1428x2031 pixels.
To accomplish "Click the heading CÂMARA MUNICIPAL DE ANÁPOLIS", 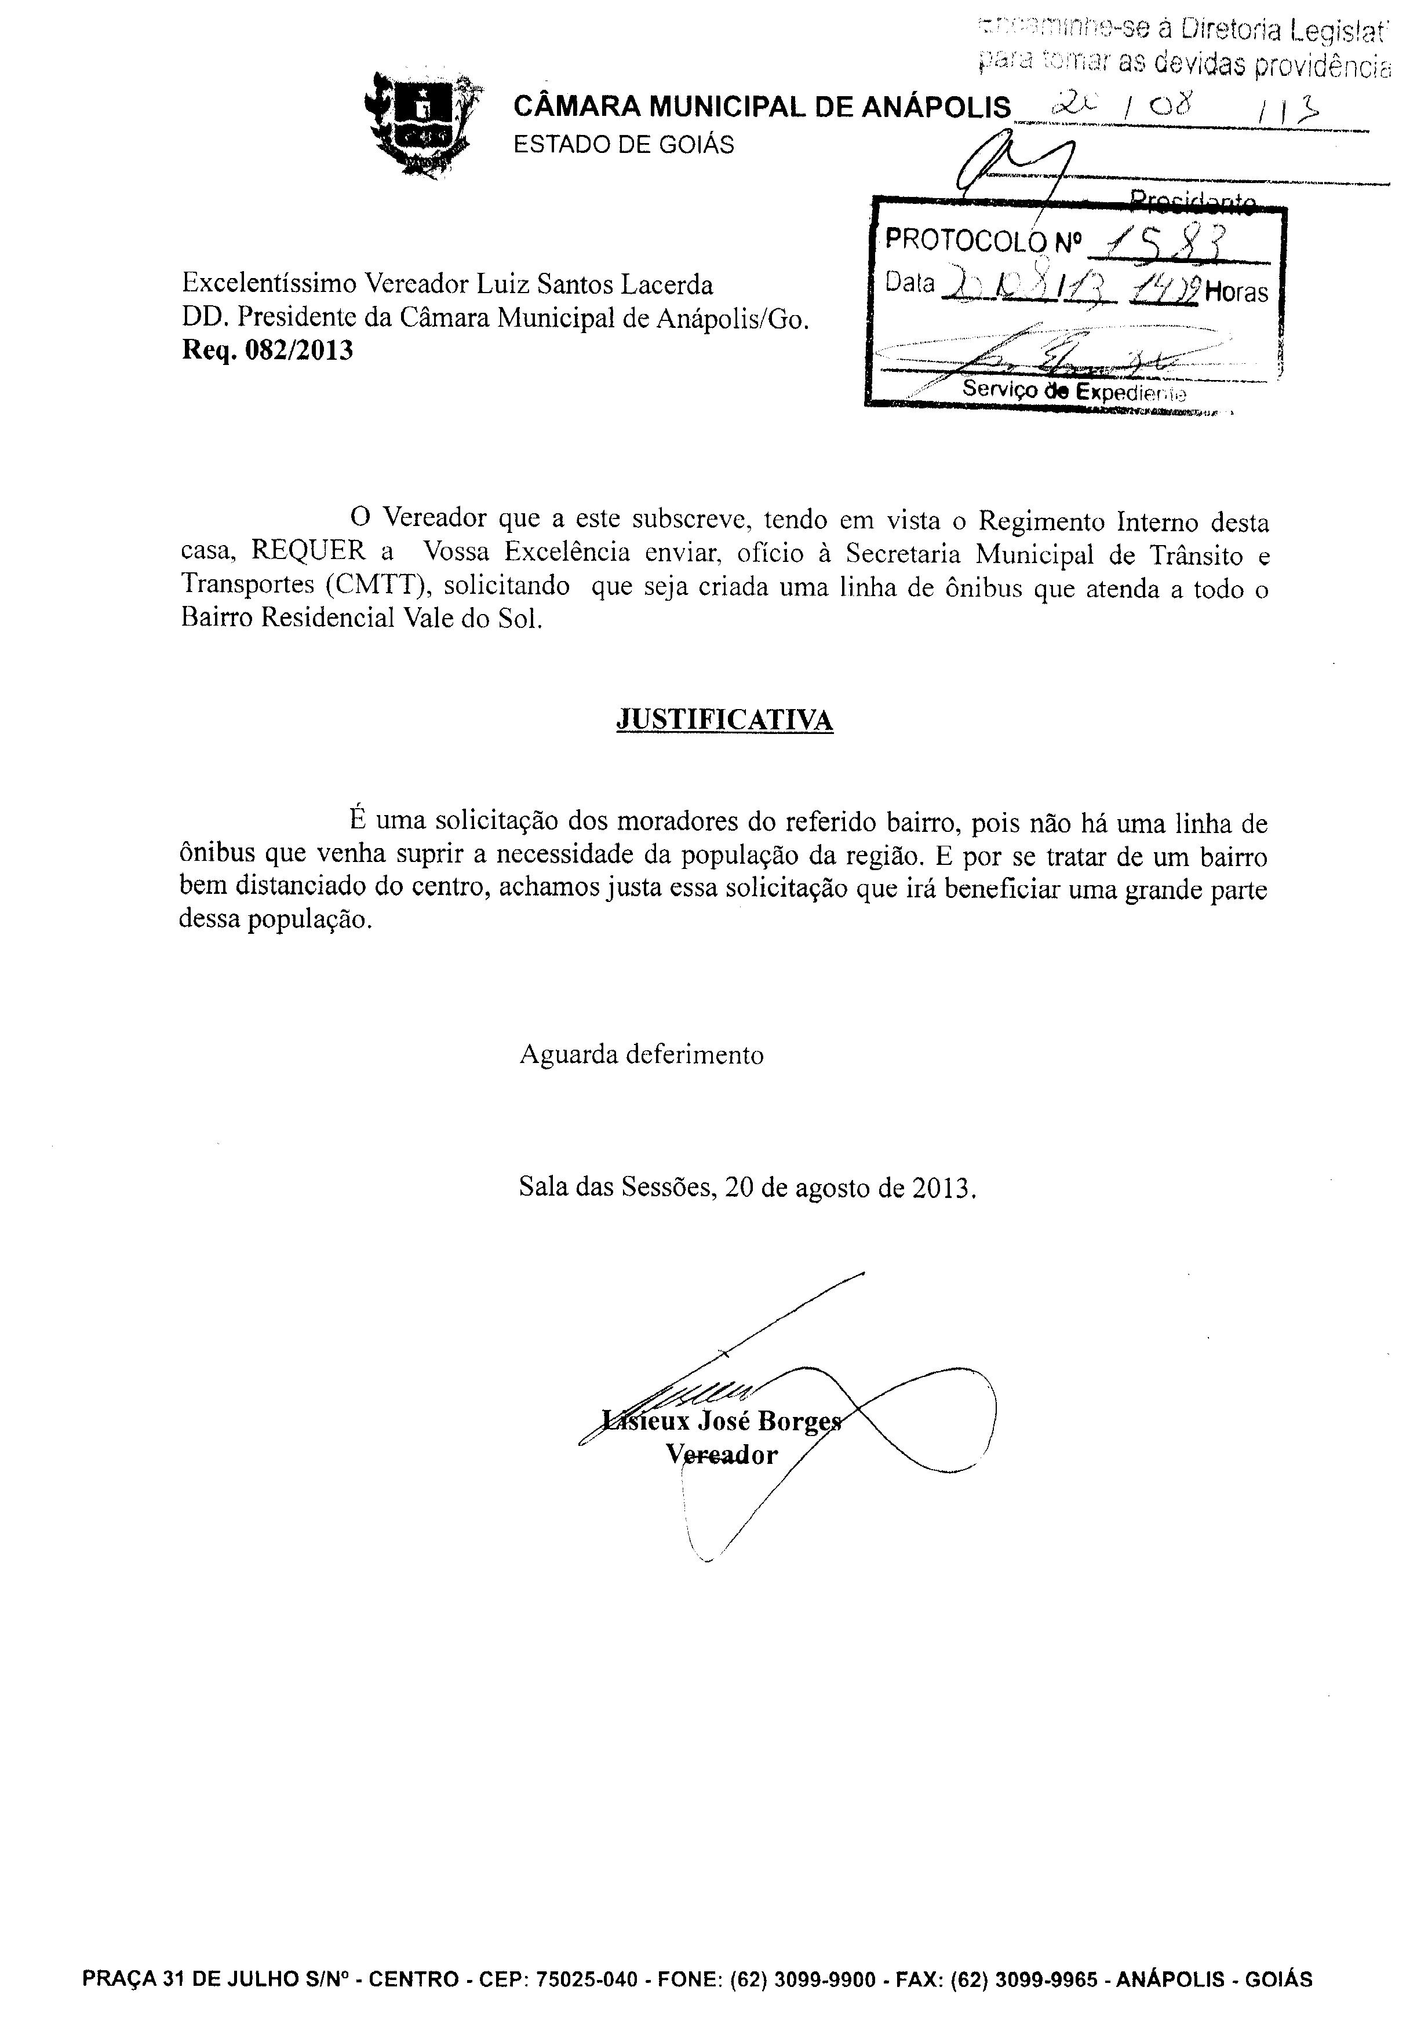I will (762, 108).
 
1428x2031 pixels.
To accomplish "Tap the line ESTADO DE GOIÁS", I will (624, 145).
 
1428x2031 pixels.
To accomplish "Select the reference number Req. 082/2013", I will (267, 351).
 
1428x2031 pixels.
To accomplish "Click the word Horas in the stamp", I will (1236, 293).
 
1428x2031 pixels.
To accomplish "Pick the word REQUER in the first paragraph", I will (308, 551).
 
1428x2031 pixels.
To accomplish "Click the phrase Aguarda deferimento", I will (642, 1054).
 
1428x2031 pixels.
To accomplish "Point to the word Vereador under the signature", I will (722, 1455).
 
